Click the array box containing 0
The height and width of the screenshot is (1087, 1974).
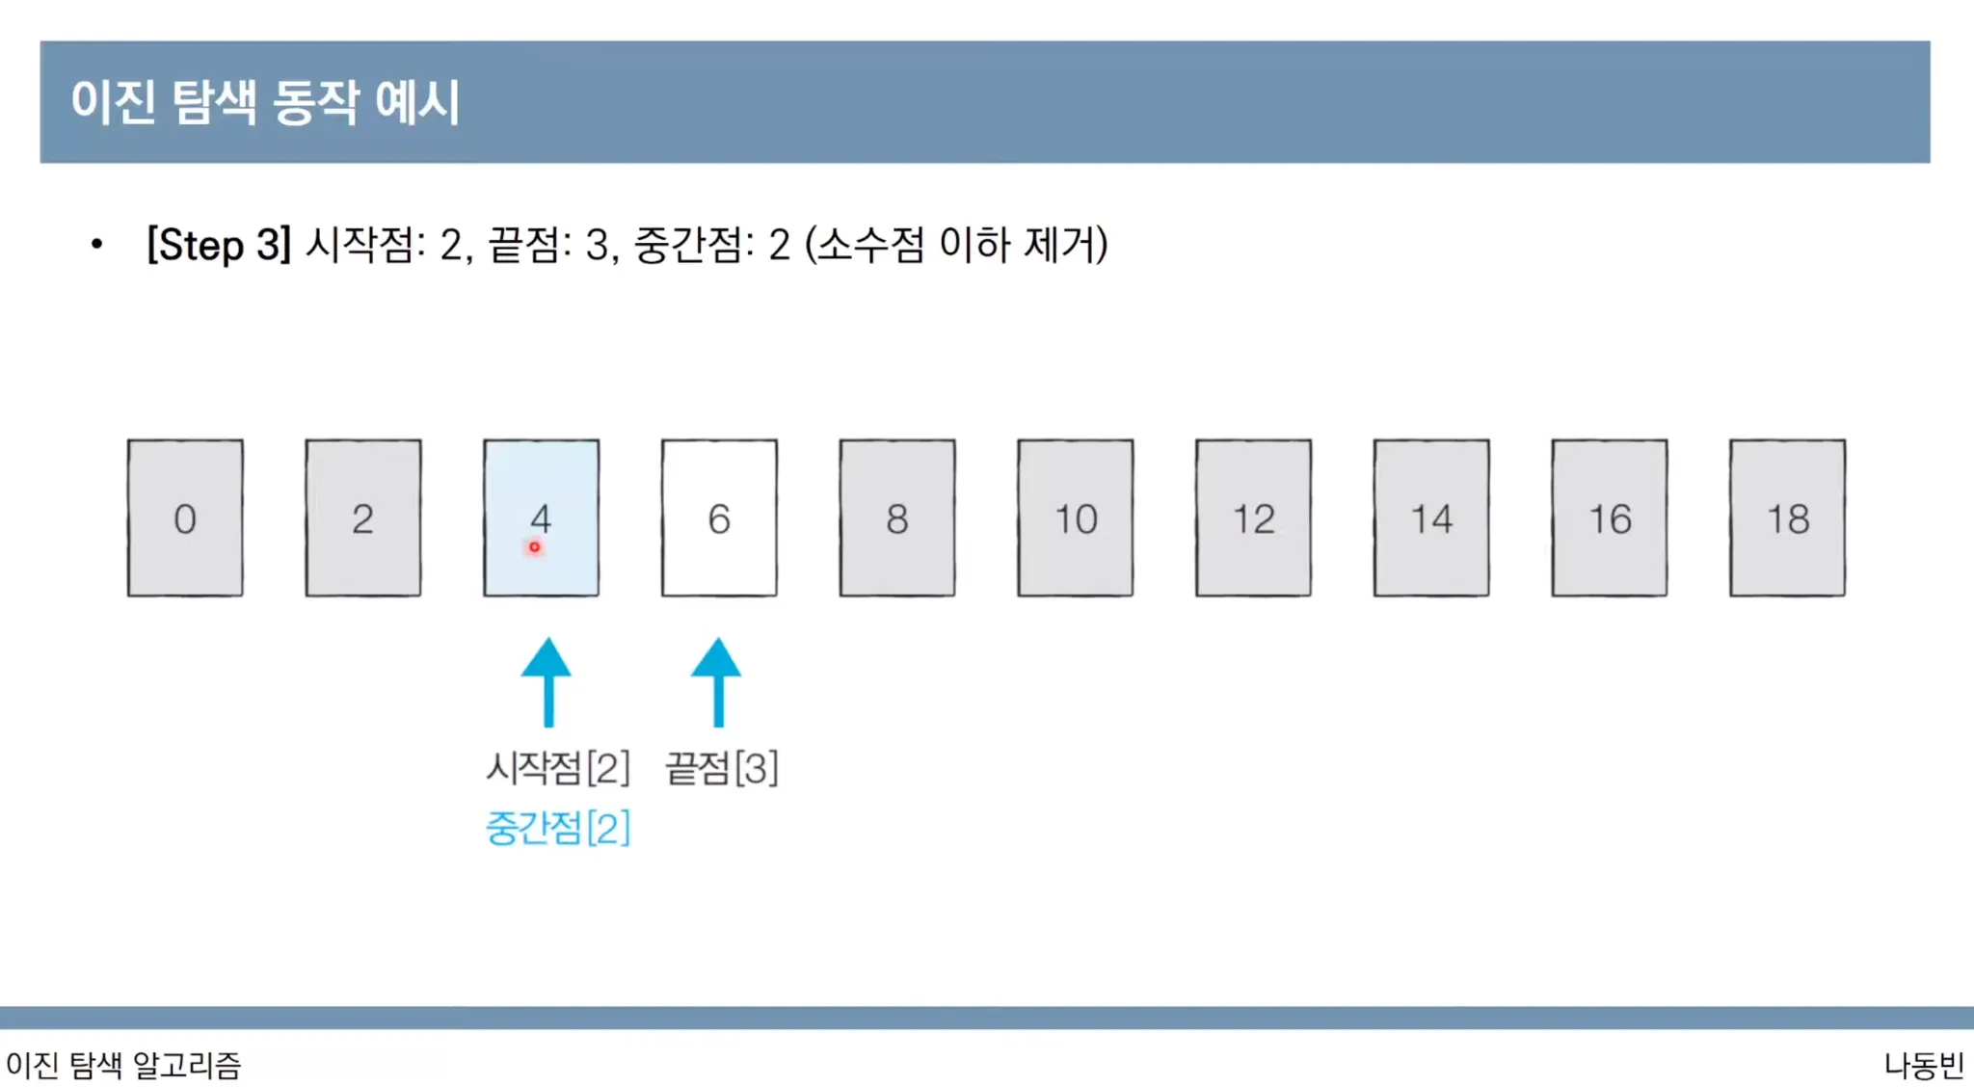click(185, 518)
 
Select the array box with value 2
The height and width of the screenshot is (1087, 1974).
click(363, 518)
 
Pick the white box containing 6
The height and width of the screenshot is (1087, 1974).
click(719, 518)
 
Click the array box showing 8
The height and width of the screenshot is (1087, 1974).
click(897, 518)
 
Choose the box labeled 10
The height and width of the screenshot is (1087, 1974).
click(1076, 518)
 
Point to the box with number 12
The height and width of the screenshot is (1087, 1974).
click(1253, 518)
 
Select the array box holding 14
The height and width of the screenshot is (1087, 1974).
click(1431, 518)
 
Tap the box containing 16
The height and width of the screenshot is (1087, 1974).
click(1610, 518)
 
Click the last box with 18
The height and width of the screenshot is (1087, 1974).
click(1788, 518)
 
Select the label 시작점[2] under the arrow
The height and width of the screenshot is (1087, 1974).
click(557, 768)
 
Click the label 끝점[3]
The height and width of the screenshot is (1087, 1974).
click(722, 768)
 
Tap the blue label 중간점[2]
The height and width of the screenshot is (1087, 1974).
click(557, 828)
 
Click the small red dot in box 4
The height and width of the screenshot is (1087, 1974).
click(534, 547)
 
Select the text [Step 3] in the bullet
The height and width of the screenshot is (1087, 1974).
click(219, 245)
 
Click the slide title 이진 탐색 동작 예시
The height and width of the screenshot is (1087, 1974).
click(265, 101)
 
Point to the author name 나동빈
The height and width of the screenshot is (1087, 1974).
click(1924, 1065)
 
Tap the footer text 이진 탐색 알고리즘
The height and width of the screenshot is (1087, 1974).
click(123, 1065)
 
